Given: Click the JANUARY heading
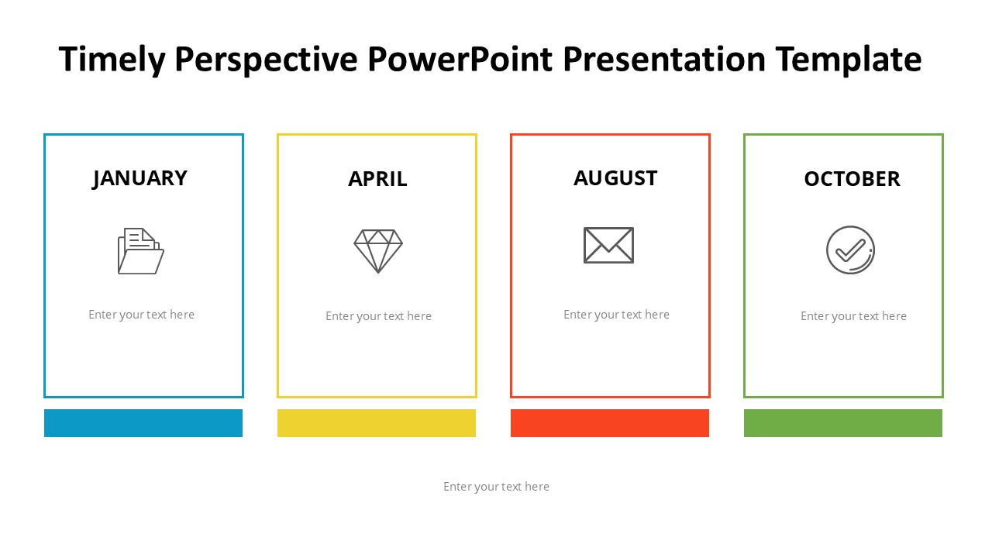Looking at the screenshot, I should [140, 178].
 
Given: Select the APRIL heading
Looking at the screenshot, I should [377, 179].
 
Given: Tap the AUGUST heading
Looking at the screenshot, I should [615, 178].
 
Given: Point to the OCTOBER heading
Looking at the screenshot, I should [852, 179].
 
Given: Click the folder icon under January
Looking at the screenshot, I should [141, 251].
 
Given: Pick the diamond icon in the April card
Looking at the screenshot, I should [378, 250].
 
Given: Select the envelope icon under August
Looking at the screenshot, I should [608, 245].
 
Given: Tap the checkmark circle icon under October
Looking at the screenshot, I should [850, 250].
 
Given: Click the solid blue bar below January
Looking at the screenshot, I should [143, 423].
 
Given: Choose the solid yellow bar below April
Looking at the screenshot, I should [377, 423].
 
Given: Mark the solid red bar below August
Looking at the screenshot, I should [610, 423].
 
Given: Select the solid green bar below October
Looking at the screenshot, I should [843, 423].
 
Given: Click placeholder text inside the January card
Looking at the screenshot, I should [141, 315].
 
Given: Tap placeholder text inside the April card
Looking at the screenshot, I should [378, 316].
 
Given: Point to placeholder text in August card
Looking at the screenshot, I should [616, 315].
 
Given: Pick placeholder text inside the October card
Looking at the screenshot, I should [853, 316].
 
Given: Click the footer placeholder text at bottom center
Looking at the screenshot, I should [496, 487].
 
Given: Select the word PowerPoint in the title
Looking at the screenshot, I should [460, 59].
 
